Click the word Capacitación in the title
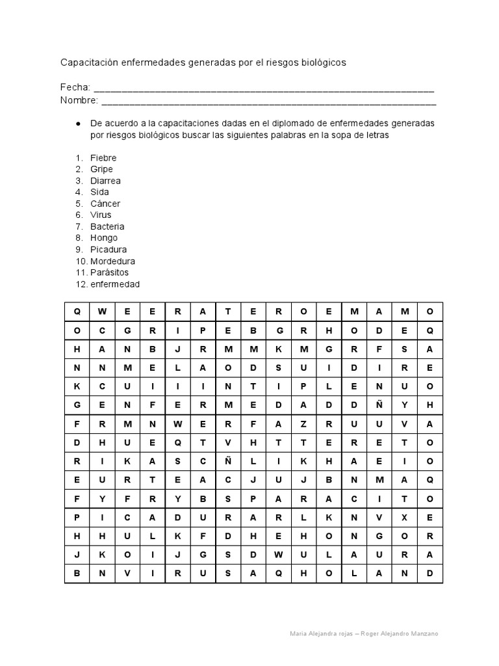(x=88, y=62)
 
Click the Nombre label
(x=79, y=100)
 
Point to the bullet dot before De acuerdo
(x=78, y=123)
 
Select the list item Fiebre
(x=103, y=157)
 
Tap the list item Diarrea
(x=105, y=181)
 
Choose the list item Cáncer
(x=105, y=204)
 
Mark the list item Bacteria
(x=107, y=226)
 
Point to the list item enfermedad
(x=114, y=284)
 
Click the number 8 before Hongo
(x=78, y=238)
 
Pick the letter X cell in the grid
(x=404, y=518)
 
